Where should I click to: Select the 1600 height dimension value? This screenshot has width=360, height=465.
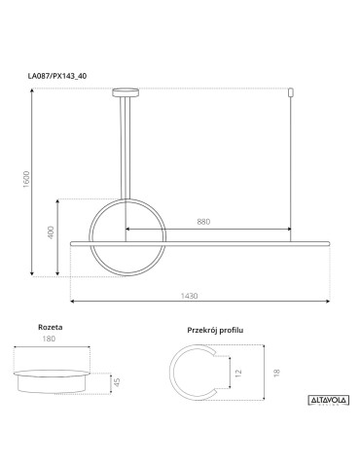[28, 181]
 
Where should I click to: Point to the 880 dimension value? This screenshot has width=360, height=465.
[203, 223]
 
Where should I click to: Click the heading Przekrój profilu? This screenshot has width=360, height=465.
[214, 331]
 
